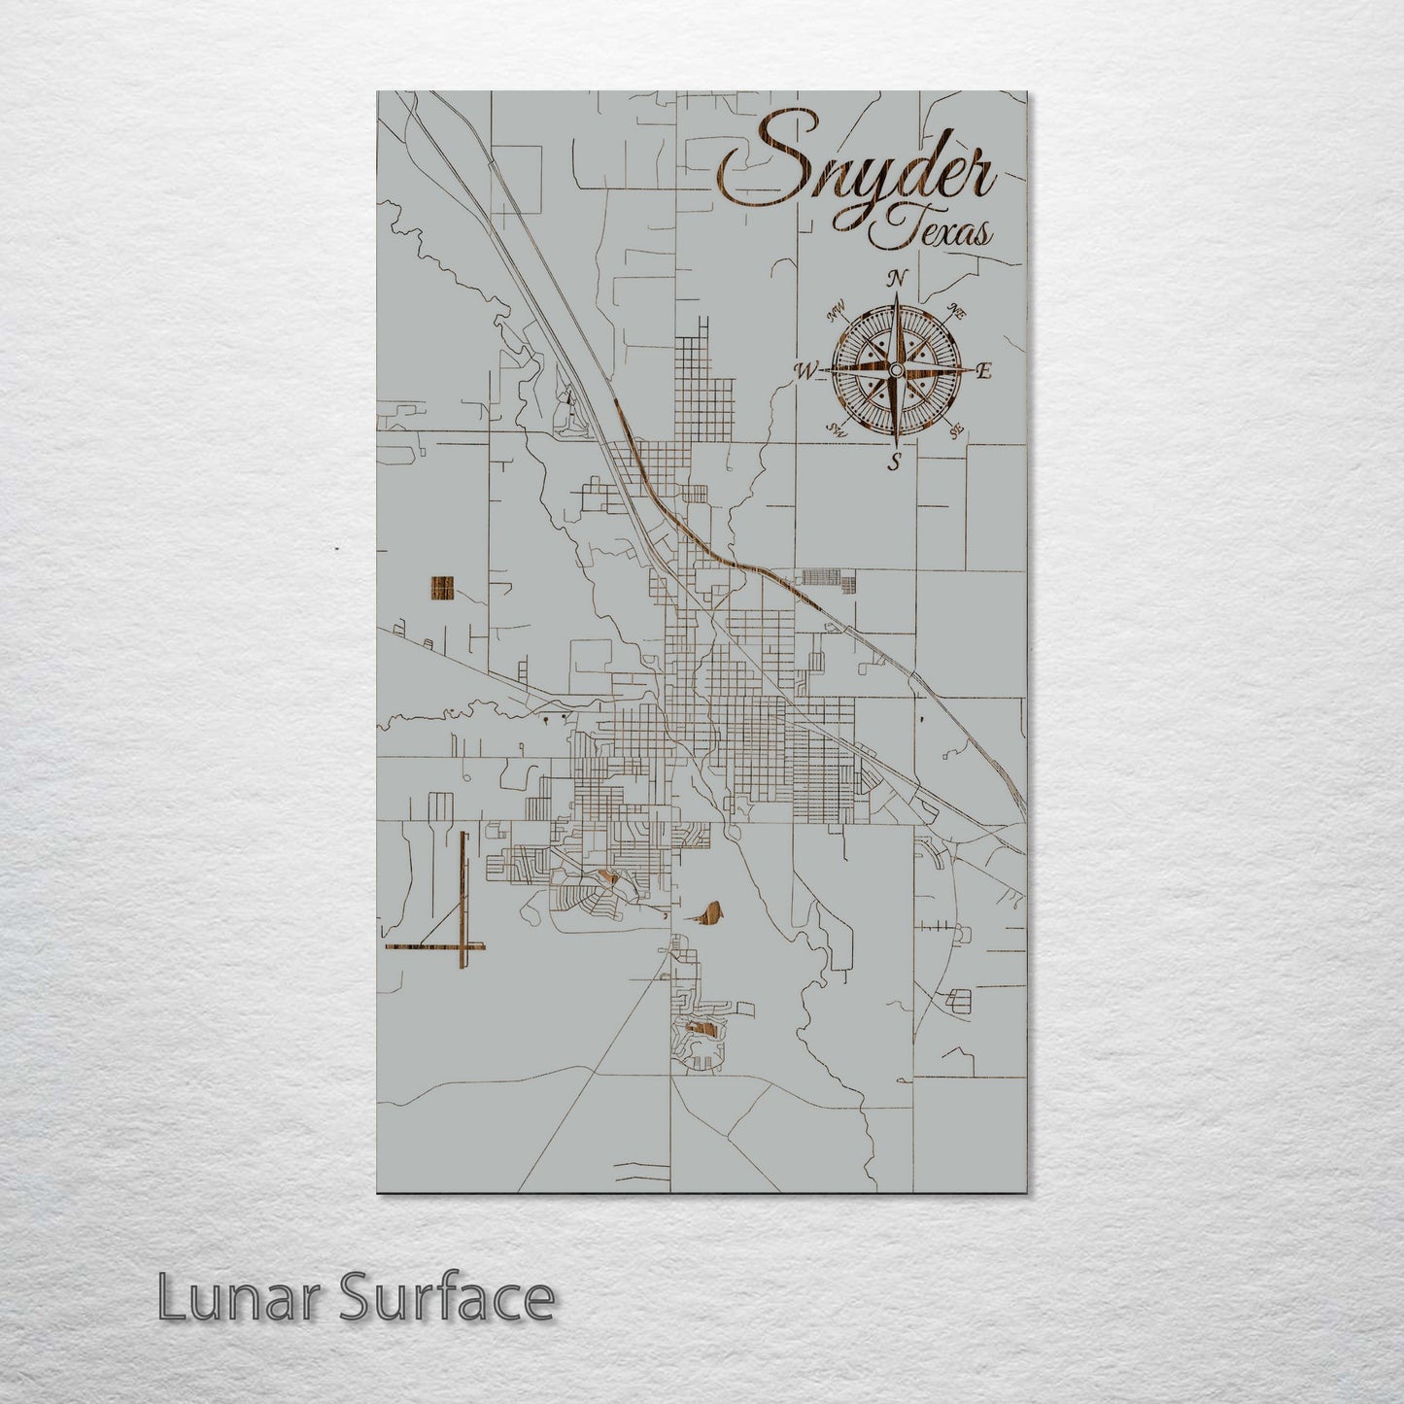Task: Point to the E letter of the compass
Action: pos(983,370)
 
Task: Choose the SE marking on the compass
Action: pos(956,428)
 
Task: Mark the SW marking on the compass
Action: pos(835,428)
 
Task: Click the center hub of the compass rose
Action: pos(895,370)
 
